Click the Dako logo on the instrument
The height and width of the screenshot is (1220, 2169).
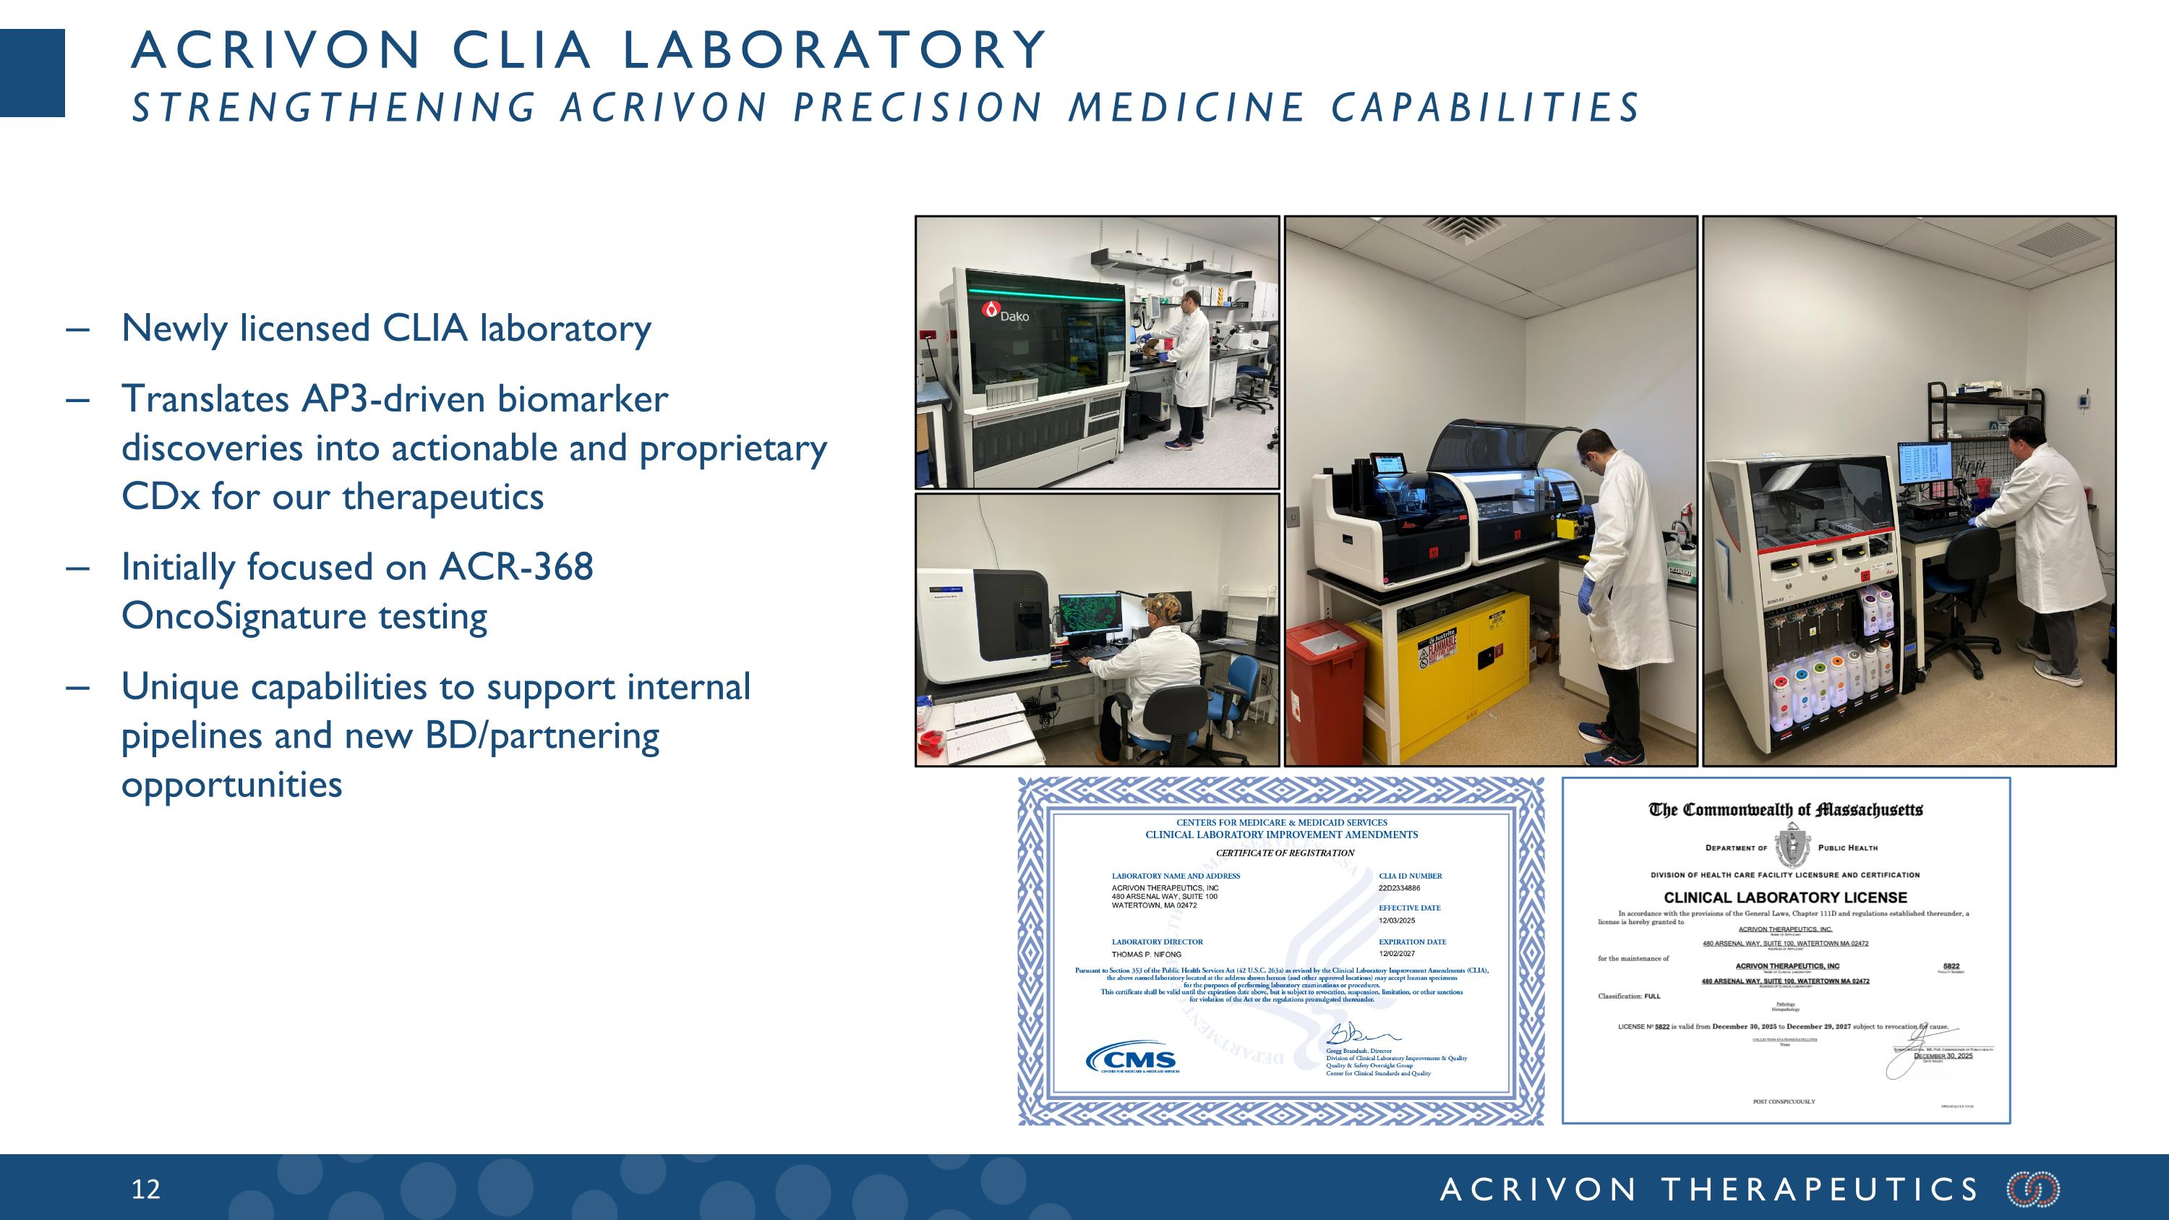coord(1006,313)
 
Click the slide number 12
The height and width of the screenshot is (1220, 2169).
coord(145,1189)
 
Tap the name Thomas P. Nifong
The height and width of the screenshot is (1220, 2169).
coord(1146,955)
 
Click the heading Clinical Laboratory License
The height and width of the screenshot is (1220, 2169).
coord(1785,898)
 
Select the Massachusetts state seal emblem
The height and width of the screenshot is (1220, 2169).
coord(1791,845)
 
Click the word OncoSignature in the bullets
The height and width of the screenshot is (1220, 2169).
coord(244,616)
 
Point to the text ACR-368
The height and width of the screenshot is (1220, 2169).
coord(516,568)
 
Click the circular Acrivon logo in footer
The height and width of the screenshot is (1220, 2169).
coord(2032,1189)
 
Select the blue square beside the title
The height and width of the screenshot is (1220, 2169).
coord(32,73)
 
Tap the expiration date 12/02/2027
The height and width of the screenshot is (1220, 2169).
coord(1397,954)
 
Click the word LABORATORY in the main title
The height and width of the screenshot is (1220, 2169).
coord(834,50)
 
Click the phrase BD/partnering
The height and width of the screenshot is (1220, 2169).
coord(542,736)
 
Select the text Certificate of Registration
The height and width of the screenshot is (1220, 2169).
coord(1285,853)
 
